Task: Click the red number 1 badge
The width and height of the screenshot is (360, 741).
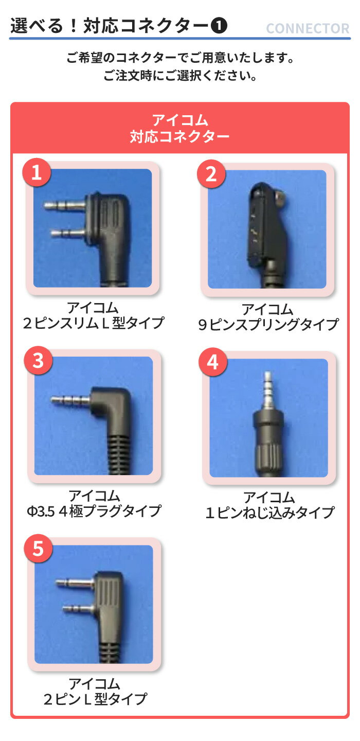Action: [x=36, y=173]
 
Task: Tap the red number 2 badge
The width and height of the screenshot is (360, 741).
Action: [x=211, y=174]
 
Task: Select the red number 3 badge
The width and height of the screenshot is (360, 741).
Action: [x=38, y=361]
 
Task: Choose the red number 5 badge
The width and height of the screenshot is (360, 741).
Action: [x=38, y=549]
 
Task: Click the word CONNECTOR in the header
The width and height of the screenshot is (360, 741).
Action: [x=308, y=29]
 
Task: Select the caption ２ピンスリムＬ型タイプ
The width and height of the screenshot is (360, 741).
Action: [x=93, y=323]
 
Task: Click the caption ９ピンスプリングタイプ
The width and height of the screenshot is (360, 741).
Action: [x=268, y=325]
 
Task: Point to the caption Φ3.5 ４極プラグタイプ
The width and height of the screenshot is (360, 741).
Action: [x=94, y=511]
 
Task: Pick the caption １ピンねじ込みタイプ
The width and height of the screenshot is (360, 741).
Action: [x=269, y=513]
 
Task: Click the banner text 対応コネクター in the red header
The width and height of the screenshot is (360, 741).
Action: [x=179, y=137]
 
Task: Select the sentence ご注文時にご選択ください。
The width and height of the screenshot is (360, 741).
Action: [x=179, y=77]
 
